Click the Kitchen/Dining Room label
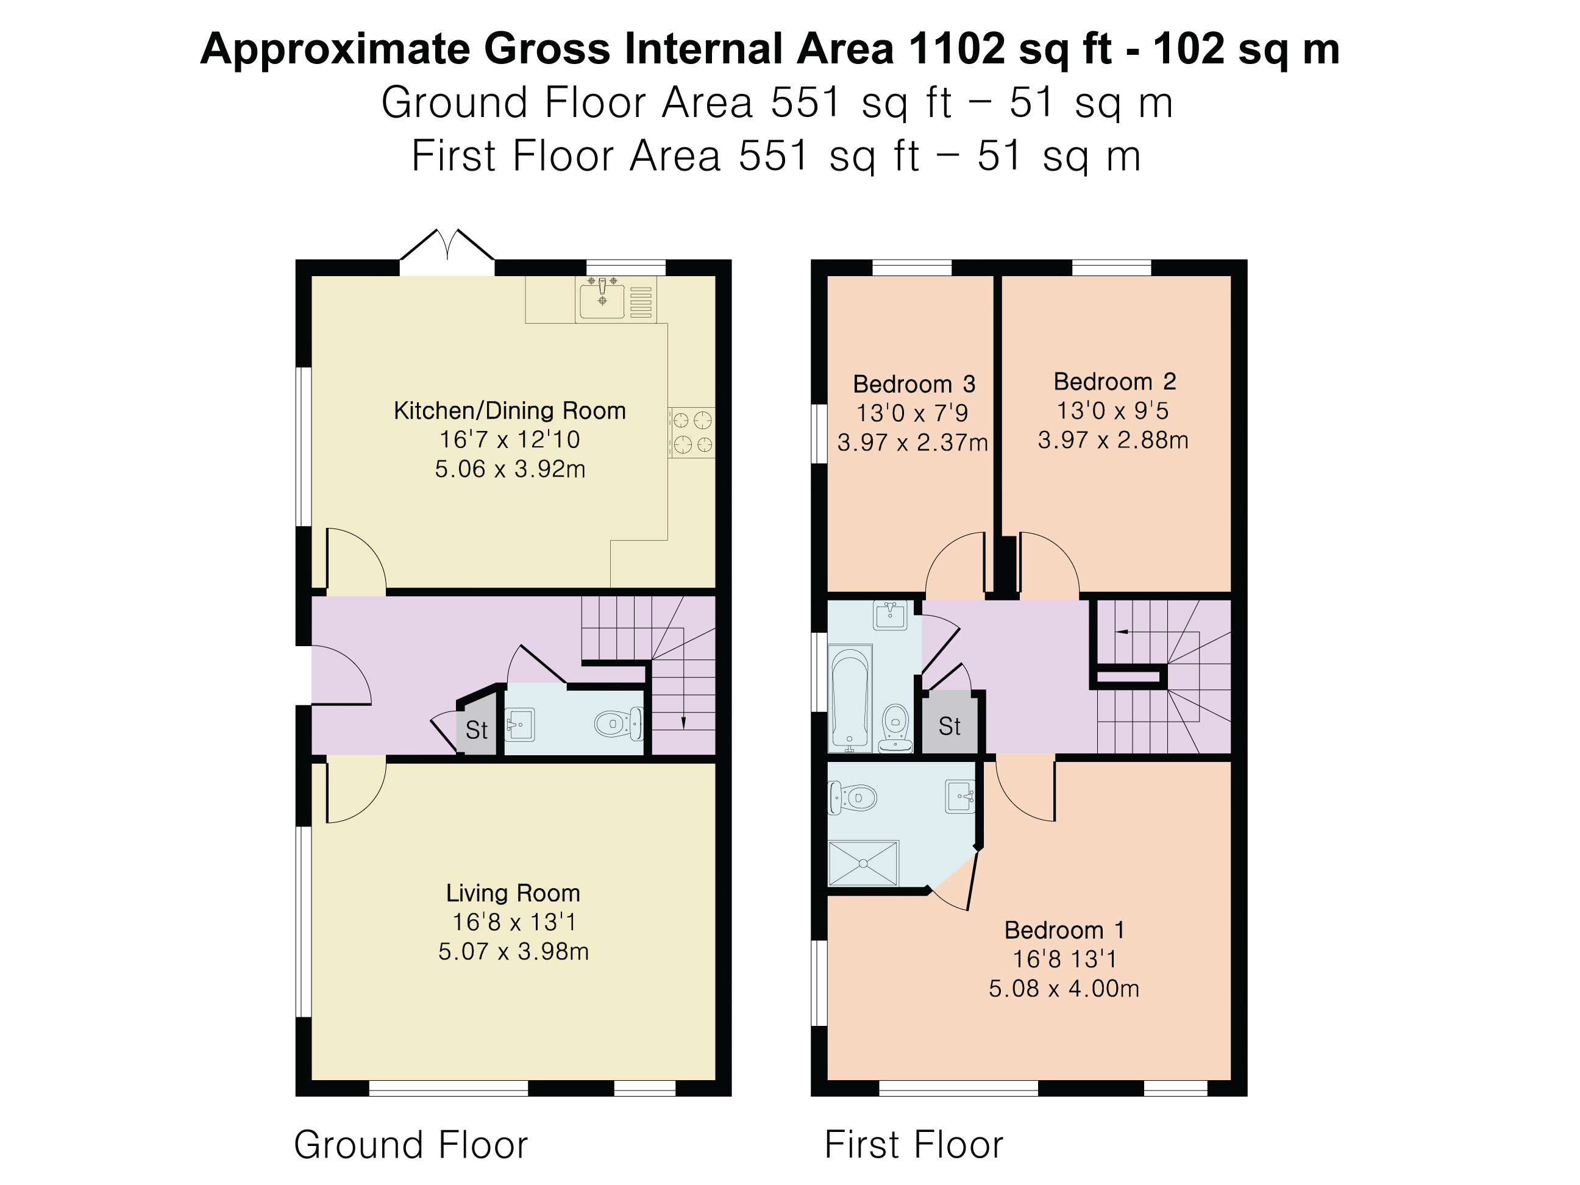pos(510,411)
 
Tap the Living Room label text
pos(513,893)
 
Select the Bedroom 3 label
pos(914,384)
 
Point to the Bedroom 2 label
pos(1114,382)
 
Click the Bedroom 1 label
pos(1064,930)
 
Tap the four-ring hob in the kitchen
pos(691,432)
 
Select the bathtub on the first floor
pos(850,698)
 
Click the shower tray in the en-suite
pos(863,864)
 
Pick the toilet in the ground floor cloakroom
pos(619,724)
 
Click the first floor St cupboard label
pos(949,727)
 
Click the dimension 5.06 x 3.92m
pos(510,469)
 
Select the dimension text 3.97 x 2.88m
pos(1113,440)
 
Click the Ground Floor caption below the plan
pos(411,1145)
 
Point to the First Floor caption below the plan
pos(914,1145)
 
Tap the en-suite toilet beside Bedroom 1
pos(852,797)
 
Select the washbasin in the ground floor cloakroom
pos(520,725)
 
